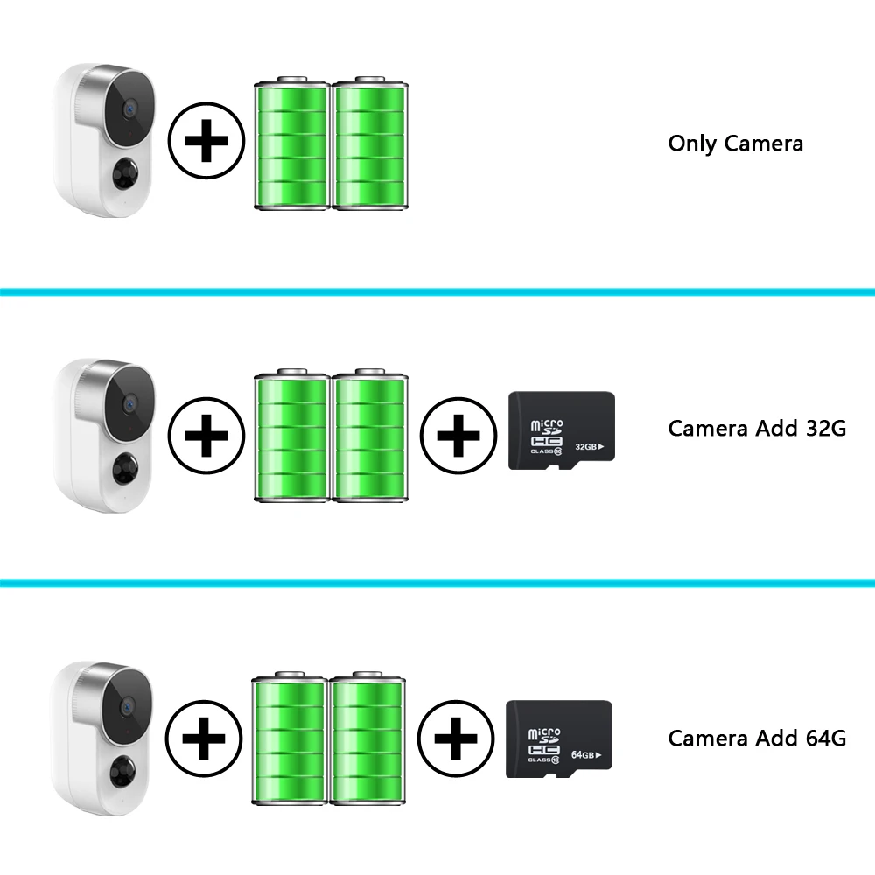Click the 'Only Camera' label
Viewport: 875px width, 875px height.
735,143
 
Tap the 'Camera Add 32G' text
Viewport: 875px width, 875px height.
757,429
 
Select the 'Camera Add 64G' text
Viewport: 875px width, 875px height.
757,738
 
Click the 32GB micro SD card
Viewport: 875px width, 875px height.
562,430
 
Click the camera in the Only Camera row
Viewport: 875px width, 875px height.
105,140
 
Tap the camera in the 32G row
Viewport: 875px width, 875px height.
105,433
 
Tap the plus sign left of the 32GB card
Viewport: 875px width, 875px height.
458,436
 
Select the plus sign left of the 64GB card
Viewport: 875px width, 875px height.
455,742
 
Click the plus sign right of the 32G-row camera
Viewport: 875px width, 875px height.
206,436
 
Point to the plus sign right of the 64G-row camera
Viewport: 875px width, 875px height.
205,742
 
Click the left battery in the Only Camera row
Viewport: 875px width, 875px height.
291,145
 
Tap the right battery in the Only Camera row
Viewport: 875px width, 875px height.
370,145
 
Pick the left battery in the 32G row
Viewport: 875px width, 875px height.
291,437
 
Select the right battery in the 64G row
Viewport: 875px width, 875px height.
367,740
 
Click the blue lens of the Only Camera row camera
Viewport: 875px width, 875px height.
128,108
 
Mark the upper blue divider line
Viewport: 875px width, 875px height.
437,290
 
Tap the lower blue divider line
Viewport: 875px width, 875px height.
437,582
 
